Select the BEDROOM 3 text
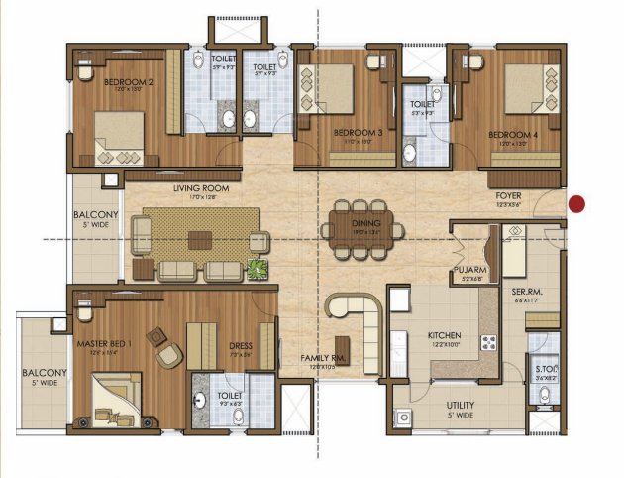tap(358, 133)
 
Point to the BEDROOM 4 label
tap(511, 133)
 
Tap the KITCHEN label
tap(446, 336)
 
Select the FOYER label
tap(508, 196)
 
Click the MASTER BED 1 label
tap(106, 343)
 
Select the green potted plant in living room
tap(258, 268)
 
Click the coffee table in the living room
tap(201, 240)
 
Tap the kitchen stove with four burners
tap(488, 343)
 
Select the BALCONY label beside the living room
tap(96, 215)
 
